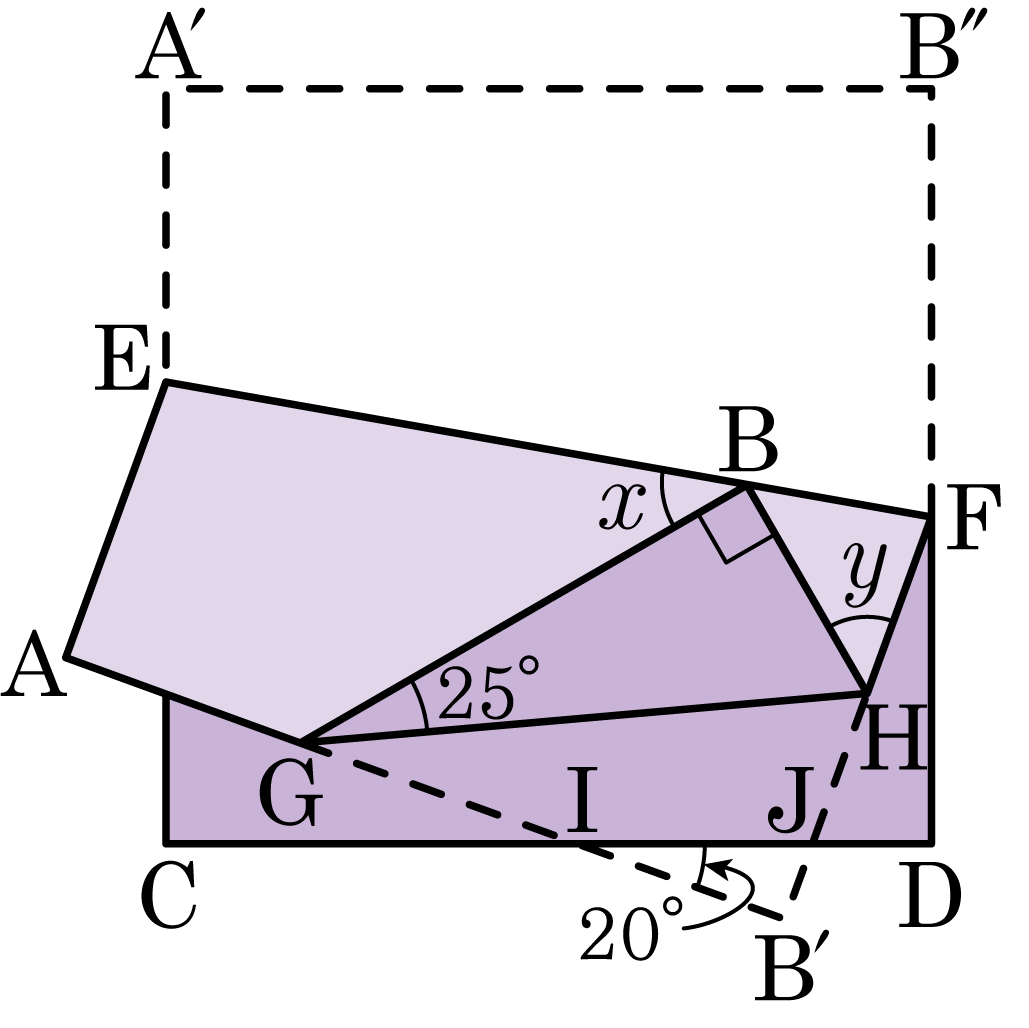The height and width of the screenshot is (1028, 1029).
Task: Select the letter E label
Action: point(123,358)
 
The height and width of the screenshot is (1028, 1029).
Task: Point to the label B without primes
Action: point(748,439)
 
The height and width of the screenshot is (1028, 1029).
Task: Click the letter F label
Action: point(974,517)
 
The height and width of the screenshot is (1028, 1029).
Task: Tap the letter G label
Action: point(291,796)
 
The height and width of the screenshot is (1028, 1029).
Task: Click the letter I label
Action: point(582,800)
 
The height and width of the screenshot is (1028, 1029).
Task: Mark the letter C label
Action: point(169,896)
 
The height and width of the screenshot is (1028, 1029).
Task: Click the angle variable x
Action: point(621,507)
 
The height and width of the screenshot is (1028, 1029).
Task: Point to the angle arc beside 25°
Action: point(422,703)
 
